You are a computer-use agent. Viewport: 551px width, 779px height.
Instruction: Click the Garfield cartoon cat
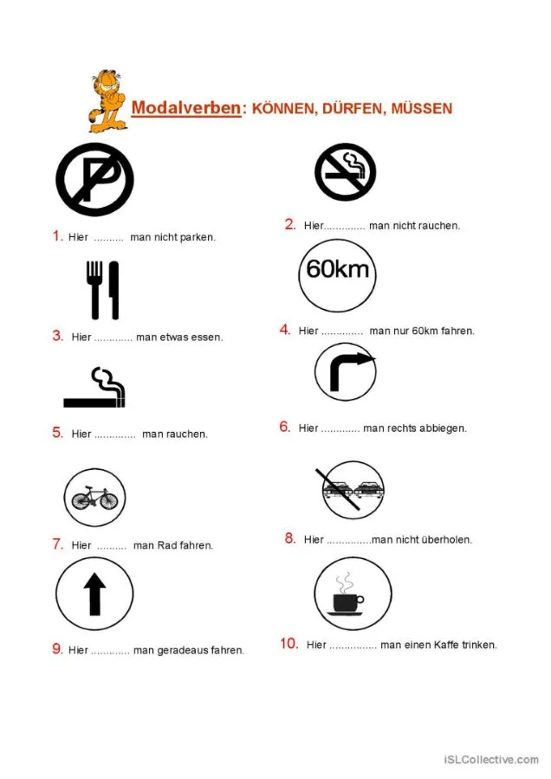tap(107, 102)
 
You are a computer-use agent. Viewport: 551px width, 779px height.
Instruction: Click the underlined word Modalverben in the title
tap(186, 108)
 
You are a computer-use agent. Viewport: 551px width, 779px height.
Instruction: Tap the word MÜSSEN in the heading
tap(422, 108)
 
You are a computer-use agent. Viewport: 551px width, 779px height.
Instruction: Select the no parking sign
tap(95, 179)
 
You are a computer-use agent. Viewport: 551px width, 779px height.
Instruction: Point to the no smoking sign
tap(345, 172)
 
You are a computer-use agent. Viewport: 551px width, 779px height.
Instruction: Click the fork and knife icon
tap(105, 290)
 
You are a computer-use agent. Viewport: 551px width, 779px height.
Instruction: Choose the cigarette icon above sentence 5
tap(94, 388)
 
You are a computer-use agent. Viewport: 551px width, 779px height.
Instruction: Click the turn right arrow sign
tap(345, 372)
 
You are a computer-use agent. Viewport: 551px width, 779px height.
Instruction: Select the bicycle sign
tap(94, 498)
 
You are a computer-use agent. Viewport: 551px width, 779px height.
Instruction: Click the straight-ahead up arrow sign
tap(94, 594)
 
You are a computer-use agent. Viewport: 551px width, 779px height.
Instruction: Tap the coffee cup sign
tap(353, 594)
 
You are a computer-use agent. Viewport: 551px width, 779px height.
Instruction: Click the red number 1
tap(57, 235)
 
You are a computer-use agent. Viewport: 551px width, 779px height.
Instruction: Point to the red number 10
tap(288, 644)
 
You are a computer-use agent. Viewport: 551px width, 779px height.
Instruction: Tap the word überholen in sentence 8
tap(446, 539)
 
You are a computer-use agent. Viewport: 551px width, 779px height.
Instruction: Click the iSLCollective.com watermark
tap(491, 760)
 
